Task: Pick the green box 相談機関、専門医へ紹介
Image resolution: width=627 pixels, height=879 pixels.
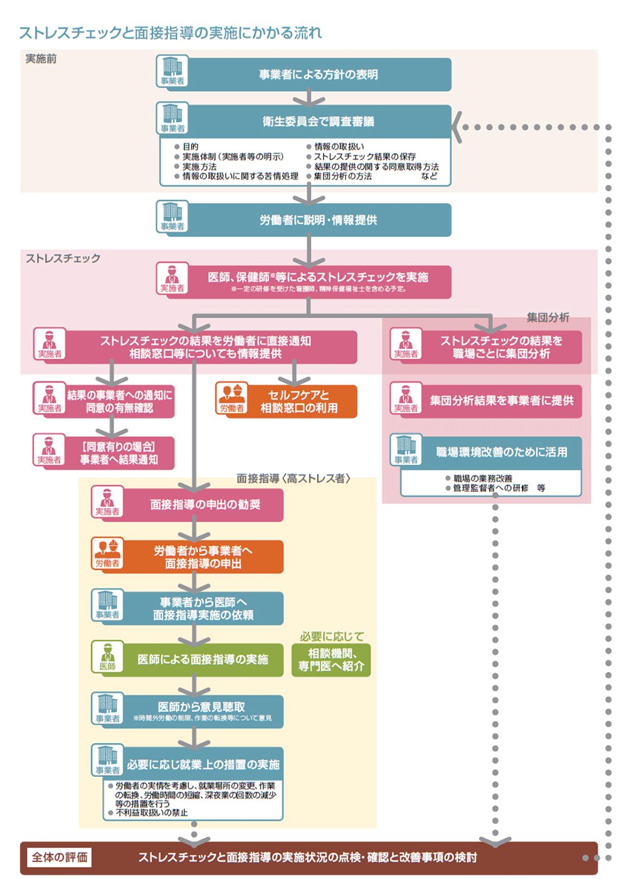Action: coord(331,659)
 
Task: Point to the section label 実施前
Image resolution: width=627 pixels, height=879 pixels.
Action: coord(41,59)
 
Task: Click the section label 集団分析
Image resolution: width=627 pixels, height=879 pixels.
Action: coord(548,317)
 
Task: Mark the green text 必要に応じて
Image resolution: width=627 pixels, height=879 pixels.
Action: coord(332,636)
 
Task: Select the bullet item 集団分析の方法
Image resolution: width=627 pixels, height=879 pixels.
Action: coord(339,176)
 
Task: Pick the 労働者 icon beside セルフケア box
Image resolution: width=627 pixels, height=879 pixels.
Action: coord(232,398)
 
